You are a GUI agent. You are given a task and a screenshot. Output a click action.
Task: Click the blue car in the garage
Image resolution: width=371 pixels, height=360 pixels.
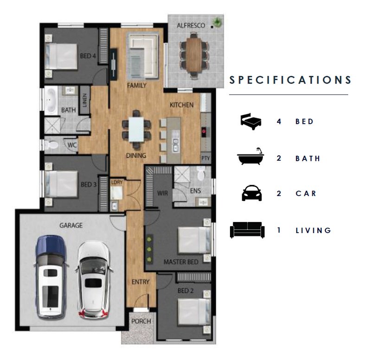point(51,277)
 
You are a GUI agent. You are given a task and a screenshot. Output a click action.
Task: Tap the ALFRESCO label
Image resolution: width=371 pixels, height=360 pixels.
point(191,25)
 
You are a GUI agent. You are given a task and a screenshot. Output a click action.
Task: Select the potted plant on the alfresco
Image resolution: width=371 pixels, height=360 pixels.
point(217,22)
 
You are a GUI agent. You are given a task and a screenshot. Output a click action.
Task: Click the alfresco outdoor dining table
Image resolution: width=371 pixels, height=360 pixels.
point(194,55)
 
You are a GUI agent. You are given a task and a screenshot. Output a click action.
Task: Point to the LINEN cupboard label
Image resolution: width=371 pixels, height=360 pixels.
point(84,100)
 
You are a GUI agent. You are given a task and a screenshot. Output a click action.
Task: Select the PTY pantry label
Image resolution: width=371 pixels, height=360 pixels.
point(205,158)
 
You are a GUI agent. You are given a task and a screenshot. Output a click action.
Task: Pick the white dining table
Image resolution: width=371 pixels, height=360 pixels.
point(136,130)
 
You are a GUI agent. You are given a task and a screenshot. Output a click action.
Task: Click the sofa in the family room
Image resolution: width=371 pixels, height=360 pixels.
point(143,56)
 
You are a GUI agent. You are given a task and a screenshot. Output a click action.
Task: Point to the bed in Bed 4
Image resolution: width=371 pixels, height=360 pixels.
point(61,56)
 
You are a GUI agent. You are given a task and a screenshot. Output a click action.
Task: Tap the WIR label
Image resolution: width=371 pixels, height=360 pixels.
point(163,193)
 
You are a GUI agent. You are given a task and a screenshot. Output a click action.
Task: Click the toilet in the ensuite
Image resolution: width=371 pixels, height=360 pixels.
point(201,172)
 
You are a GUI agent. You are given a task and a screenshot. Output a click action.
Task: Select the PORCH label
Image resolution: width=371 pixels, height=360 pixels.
point(141,321)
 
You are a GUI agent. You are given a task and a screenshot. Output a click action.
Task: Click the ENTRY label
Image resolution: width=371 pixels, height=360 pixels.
point(141,282)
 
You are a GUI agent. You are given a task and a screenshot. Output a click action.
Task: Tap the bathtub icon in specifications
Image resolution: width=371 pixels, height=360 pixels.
point(250,156)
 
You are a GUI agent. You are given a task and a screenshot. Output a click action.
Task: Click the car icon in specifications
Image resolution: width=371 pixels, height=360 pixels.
point(251,193)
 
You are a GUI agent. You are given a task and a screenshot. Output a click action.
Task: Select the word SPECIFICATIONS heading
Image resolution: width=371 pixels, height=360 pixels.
point(290,80)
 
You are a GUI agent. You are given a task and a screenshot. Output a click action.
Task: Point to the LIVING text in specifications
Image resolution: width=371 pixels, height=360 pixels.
point(313,230)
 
